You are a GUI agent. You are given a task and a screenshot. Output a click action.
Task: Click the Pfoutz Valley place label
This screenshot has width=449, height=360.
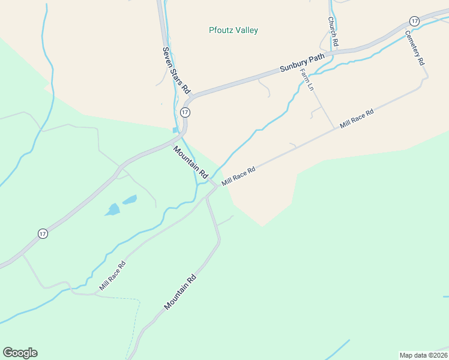(234, 30)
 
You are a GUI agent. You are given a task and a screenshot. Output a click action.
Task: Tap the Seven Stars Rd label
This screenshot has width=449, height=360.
(176, 71)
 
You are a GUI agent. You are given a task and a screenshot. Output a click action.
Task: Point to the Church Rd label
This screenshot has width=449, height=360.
(333, 31)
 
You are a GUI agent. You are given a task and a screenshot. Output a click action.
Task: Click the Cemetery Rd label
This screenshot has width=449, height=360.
(415, 48)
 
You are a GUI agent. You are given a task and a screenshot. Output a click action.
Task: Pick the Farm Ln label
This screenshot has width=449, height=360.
(307, 79)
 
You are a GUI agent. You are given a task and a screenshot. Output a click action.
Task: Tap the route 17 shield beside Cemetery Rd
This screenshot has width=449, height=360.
(414, 20)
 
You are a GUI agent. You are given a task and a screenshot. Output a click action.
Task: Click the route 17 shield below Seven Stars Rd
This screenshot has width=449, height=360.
(185, 112)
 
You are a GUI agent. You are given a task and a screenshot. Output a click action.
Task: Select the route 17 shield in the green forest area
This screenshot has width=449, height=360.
(43, 234)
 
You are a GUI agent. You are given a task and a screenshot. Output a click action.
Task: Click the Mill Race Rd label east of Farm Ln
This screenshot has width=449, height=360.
(357, 119)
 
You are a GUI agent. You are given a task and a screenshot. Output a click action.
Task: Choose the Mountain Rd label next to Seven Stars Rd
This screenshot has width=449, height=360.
(190, 162)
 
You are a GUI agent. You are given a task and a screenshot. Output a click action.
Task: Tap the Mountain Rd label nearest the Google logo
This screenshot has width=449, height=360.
(180, 292)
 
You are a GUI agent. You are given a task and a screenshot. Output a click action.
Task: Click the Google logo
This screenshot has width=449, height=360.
(20, 352)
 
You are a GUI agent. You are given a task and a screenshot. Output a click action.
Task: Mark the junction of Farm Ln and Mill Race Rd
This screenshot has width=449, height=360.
(334, 128)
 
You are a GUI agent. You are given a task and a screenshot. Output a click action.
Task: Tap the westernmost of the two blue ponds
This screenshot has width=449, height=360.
(112, 209)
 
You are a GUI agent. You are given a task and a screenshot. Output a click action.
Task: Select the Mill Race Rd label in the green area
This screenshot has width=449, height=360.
(113, 276)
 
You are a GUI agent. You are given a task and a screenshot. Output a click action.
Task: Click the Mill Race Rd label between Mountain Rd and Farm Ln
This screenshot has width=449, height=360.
(239, 176)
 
